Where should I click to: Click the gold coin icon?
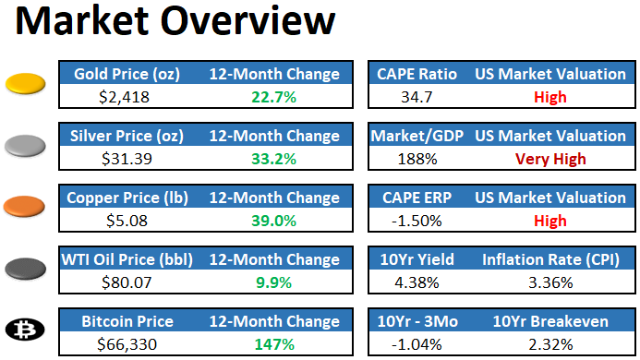28,85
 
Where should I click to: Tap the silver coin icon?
28,145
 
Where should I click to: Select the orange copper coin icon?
28,206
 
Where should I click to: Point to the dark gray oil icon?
28,268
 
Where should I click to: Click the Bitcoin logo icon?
28,329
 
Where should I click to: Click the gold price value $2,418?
124,96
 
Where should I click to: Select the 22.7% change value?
273,96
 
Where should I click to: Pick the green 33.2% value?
273,158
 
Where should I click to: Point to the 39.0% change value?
273,220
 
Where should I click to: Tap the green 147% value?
273,344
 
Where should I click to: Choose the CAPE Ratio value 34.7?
412,96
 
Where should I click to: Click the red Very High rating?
550,158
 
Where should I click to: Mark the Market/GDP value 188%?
412,158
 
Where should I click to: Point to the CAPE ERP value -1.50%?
412,220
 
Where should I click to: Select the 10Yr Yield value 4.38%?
412,282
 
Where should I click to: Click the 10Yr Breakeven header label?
550,321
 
